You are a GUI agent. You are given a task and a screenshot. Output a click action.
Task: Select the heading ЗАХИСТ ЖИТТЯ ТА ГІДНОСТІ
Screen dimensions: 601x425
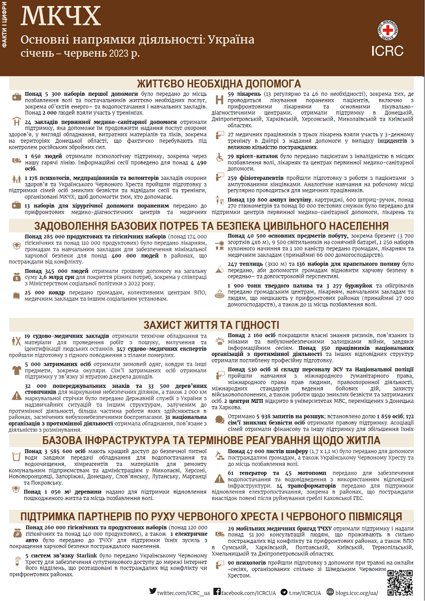[x=212, y=325]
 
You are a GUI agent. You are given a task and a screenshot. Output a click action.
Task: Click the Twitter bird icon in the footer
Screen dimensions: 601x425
[x=153, y=592]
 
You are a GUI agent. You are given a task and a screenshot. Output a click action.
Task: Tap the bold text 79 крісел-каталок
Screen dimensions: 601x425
[x=253, y=156]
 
